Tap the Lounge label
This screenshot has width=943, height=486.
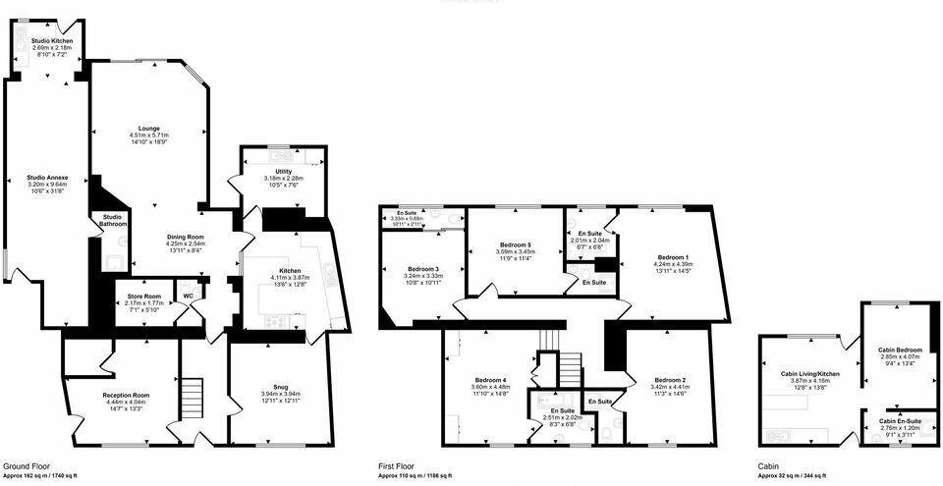(x=150, y=129)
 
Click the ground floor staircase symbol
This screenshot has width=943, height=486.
(x=192, y=398)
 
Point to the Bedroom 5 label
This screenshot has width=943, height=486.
(x=515, y=244)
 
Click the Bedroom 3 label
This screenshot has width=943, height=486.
(x=423, y=269)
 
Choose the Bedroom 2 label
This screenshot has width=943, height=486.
(x=671, y=379)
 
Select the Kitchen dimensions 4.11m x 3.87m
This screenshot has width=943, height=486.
(x=290, y=277)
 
